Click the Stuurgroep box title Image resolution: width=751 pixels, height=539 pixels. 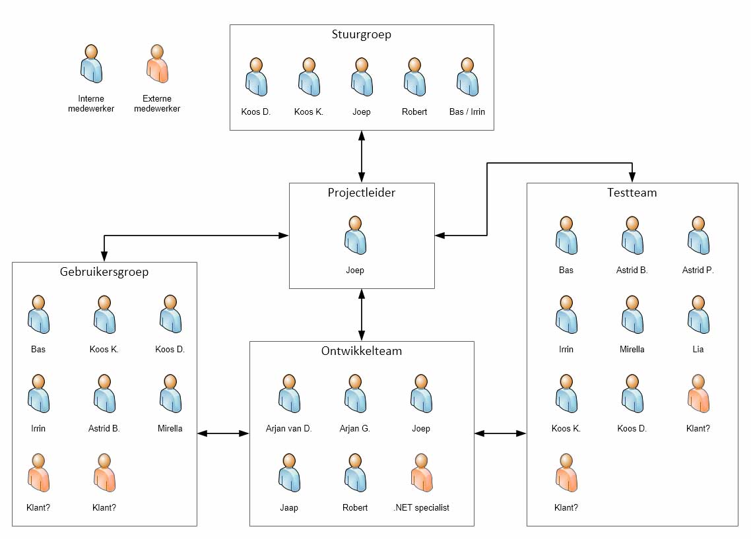point(361,35)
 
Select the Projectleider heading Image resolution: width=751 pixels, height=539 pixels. point(361,193)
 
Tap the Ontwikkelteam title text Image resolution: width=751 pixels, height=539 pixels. point(361,351)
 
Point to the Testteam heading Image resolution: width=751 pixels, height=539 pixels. point(632,193)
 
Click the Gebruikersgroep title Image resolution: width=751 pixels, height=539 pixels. point(104,272)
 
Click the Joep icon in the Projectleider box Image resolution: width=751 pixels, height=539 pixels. point(355,235)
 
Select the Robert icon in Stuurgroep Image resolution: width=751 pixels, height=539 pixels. point(414,77)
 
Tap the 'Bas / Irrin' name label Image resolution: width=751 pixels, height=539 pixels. point(467,112)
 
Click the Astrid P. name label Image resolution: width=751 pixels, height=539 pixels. point(698,270)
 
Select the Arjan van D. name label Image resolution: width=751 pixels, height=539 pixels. point(289,429)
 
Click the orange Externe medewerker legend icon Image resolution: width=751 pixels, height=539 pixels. point(157,64)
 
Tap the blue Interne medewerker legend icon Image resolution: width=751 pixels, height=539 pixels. point(91,64)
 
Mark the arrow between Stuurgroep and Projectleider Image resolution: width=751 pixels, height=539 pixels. point(362,156)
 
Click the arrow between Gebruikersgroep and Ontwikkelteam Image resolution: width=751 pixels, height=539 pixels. point(223,433)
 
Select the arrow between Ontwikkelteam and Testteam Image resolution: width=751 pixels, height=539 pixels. point(500,433)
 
